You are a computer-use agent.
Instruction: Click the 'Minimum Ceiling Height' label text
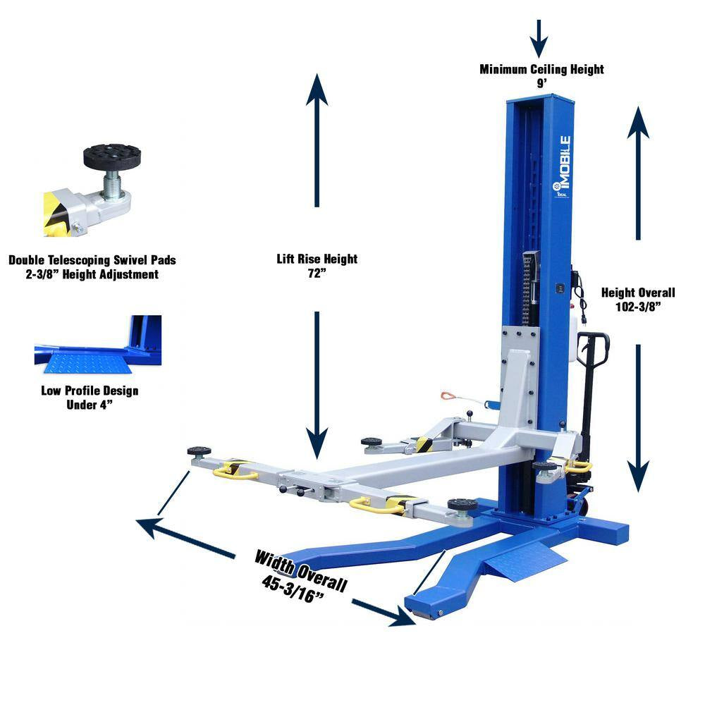[x=541, y=69]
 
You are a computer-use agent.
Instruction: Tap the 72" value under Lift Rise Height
[x=317, y=272]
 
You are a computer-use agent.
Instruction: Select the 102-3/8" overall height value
[x=638, y=306]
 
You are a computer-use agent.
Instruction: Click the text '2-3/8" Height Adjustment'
[x=92, y=274]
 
